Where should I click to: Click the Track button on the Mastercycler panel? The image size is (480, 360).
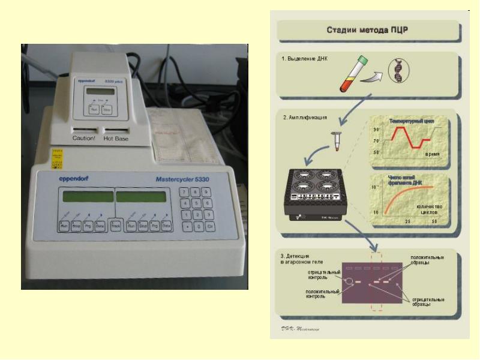click(115, 226)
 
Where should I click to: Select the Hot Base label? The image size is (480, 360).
click(116, 138)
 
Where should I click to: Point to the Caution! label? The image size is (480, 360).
click(84, 138)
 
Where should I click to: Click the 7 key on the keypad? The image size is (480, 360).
click(186, 192)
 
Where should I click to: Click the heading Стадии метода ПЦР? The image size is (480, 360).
click(367, 29)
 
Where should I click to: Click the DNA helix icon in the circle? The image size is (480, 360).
click(397, 71)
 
